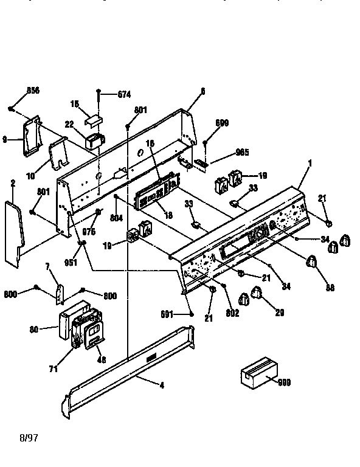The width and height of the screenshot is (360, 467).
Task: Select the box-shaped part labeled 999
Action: [258, 373]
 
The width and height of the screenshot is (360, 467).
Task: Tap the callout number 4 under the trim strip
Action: [161, 385]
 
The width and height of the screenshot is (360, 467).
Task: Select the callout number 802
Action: [232, 313]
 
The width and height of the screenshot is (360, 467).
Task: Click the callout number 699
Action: [222, 123]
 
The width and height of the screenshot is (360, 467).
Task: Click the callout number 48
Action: [100, 360]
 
